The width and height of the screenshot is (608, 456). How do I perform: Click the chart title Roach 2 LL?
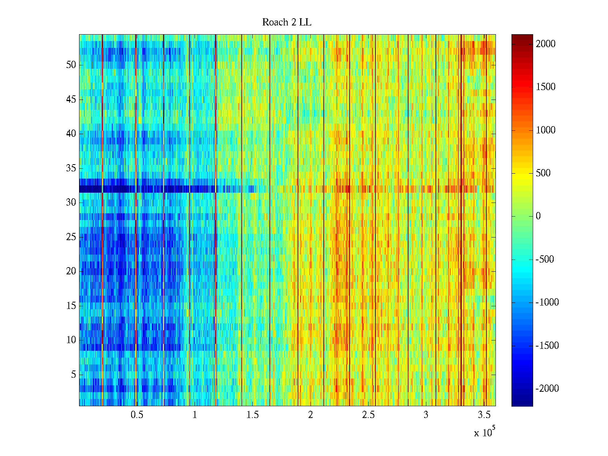287,22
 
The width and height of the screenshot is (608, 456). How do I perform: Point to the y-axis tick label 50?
71,65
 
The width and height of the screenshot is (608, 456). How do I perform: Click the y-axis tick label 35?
71,168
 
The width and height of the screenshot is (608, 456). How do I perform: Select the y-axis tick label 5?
73,375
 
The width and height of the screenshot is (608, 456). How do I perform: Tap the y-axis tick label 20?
71,271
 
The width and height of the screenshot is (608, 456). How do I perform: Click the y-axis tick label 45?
71,100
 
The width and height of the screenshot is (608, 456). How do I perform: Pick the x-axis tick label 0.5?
137,415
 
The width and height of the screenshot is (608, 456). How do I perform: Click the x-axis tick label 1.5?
252,415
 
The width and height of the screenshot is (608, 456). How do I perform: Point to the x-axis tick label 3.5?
484,415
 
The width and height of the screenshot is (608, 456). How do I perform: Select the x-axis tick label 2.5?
368,415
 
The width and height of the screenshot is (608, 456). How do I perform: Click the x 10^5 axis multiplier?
484,432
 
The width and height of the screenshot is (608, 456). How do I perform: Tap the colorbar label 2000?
546,44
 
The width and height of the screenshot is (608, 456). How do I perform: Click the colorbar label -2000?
547,389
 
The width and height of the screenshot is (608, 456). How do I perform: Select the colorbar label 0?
538,216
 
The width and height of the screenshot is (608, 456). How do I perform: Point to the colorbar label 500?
543,173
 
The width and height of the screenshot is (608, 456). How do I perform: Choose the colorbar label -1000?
547,302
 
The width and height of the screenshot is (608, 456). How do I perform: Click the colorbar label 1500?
546,87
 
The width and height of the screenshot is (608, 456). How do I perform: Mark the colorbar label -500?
545,260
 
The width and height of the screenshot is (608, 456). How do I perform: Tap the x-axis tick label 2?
310,415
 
